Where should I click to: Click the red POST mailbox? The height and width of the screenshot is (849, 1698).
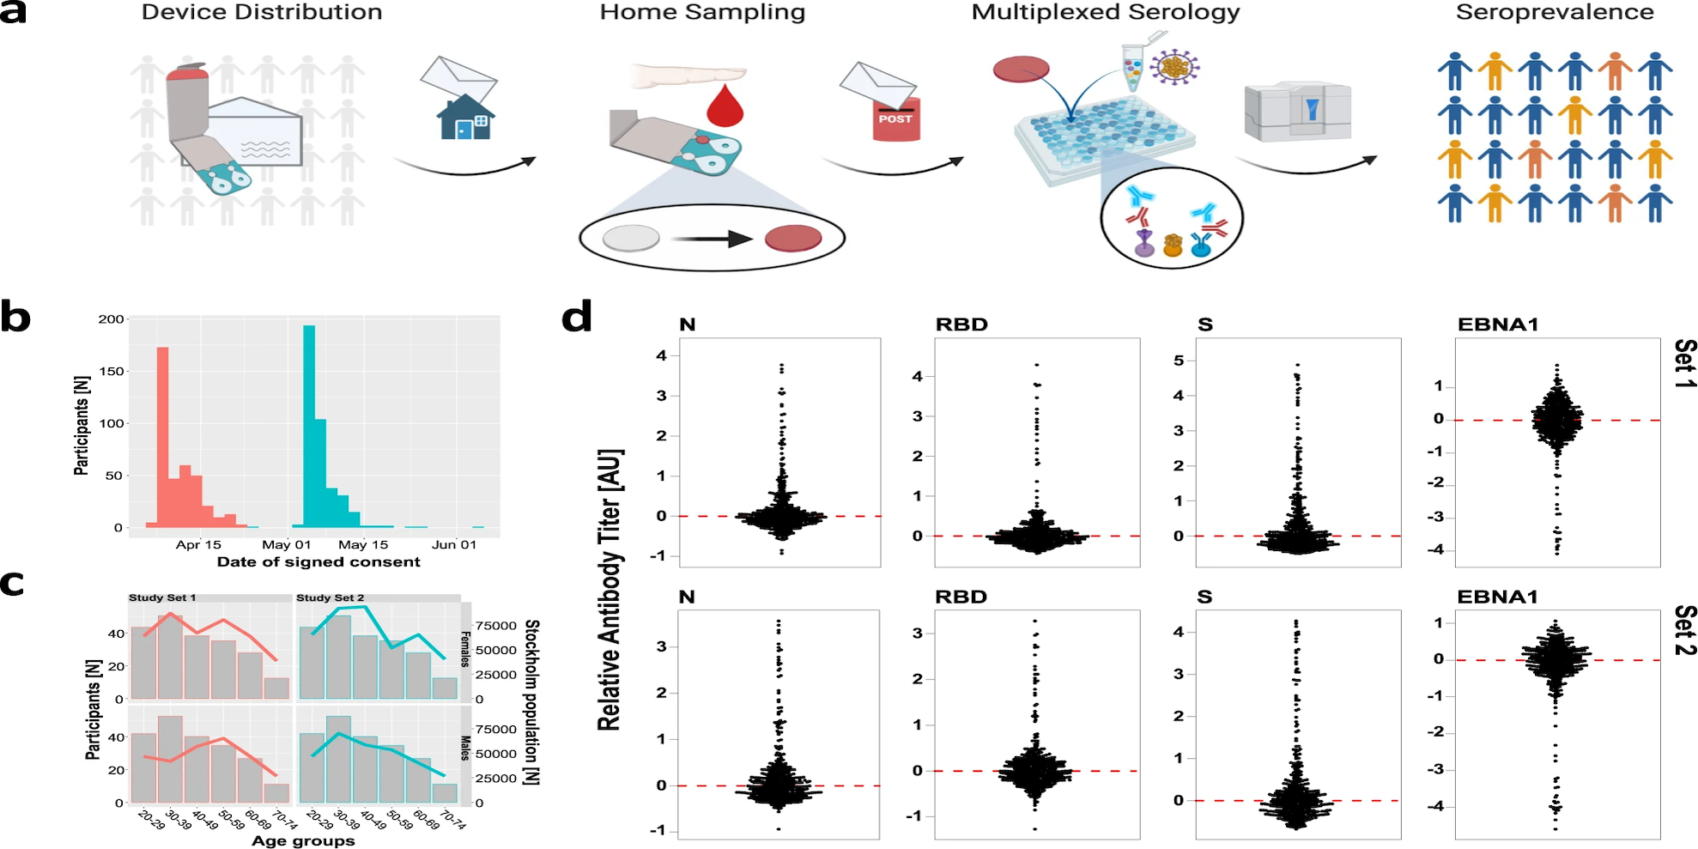pyautogui.click(x=896, y=119)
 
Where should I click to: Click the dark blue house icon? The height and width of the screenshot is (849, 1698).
pyautogui.click(x=464, y=119)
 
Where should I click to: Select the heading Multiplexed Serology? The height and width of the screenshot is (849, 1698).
pyautogui.click(x=1105, y=12)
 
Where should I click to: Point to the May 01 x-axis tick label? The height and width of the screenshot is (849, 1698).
pyautogui.click(x=286, y=545)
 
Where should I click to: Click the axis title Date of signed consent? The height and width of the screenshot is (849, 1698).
pyautogui.click(x=318, y=562)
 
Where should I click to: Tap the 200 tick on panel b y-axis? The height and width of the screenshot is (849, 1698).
pyautogui.click(x=111, y=319)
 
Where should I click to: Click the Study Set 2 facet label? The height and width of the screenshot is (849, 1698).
pyautogui.click(x=331, y=597)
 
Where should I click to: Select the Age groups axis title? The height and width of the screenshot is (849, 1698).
pyautogui.click(x=303, y=841)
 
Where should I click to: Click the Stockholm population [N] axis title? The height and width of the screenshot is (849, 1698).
pyautogui.click(x=531, y=701)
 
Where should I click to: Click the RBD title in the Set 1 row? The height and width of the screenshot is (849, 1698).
pyautogui.click(x=961, y=324)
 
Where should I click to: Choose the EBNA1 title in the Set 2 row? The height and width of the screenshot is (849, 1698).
pyautogui.click(x=1497, y=597)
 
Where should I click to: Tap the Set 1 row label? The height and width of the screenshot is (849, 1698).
pyautogui.click(x=1685, y=362)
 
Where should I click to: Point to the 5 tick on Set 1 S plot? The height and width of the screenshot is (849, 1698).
pyautogui.click(x=1179, y=361)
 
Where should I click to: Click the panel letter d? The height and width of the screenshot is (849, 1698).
pyautogui.click(x=576, y=317)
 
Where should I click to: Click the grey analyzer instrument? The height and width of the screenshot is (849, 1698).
pyautogui.click(x=1297, y=112)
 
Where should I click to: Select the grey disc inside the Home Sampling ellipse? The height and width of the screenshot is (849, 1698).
pyautogui.click(x=631, y=238)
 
